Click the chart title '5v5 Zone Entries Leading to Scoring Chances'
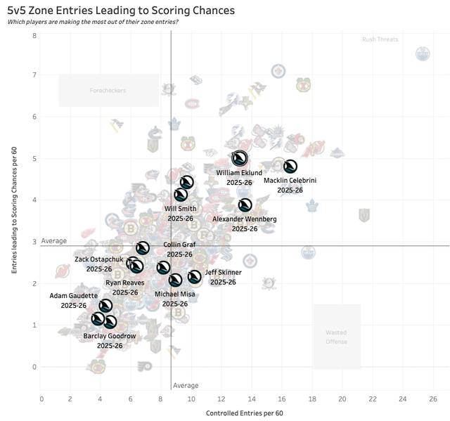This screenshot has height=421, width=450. click(x=121, y=11)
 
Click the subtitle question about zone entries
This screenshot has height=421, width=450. click(x=93, y=22)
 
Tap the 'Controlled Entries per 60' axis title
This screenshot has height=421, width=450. click(x=244, y=413)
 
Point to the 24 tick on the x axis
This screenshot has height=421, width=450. click(x=403, y=399)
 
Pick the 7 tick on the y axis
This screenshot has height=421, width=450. click(x=34, y=75)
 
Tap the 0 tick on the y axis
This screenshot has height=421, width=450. click(x=34, y=367)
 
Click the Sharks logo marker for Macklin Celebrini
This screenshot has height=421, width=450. click(x=290, y=167)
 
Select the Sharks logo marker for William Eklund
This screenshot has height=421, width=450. click(x=239, y=158)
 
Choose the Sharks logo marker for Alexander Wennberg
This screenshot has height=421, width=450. click(x=245, y=205)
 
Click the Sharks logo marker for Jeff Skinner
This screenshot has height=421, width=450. click(x=195, y=277)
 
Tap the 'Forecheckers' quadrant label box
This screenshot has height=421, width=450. click(x=108, y=91)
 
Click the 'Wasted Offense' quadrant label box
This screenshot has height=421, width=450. click(x=337, y=336)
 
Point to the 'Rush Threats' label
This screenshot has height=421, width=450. click(x=380, y=39)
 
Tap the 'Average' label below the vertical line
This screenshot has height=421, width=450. click(x=186, y=385)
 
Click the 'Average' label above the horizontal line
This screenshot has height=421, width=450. click(x=54, y=240)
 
